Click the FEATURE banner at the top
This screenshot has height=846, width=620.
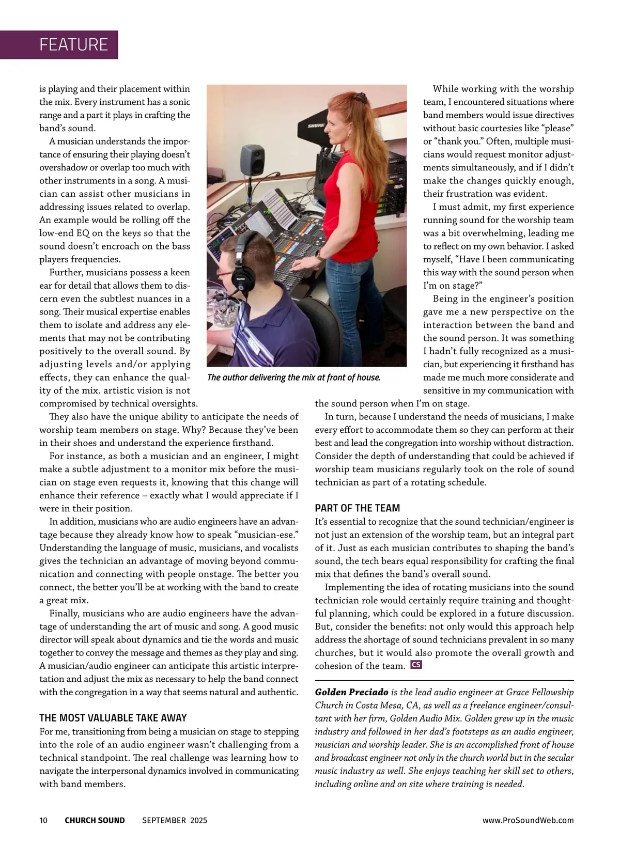click(74, 44)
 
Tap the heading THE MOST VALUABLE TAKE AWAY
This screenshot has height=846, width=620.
click(113, 718)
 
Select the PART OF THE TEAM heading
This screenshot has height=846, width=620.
click(358, 508)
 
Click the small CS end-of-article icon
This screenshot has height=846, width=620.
click(416, 665)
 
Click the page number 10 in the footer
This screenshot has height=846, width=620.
click(43, 820)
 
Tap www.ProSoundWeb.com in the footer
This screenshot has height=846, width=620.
click(528, 820)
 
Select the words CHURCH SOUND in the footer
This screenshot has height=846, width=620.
click(95, 820)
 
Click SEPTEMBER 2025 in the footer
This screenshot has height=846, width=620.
click(175, 820)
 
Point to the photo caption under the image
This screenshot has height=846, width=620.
click(293, 378)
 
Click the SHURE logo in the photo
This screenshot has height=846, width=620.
click(316, 126)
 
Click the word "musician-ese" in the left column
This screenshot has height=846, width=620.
click(266, 535)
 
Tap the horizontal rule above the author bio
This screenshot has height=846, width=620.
click(444, 680)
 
